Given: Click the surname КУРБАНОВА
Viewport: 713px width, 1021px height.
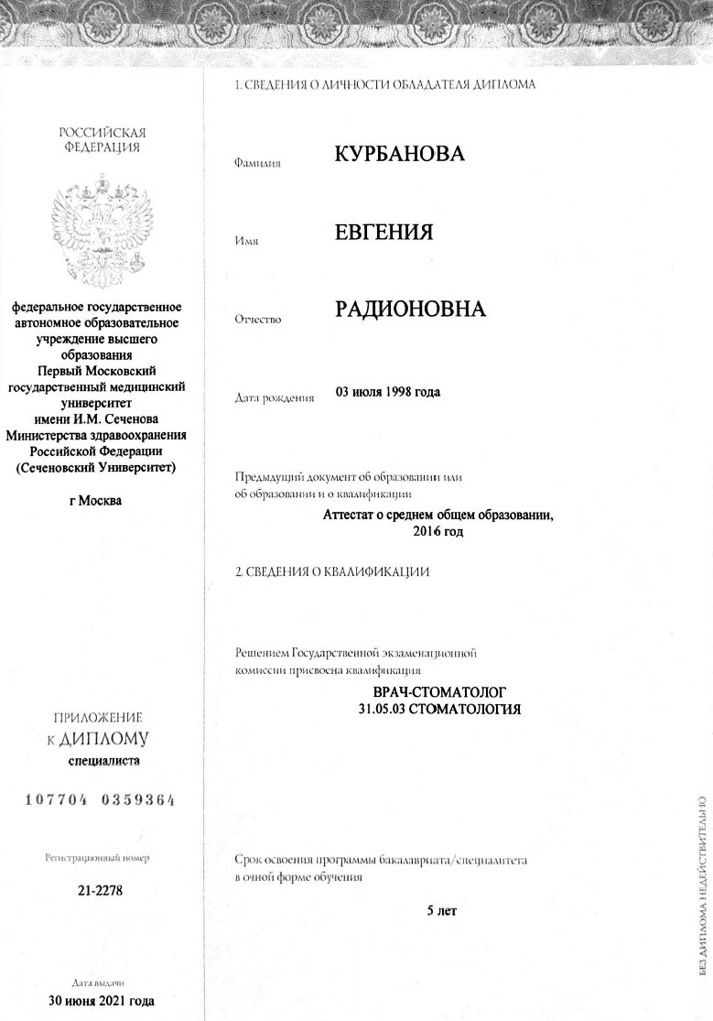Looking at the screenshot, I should pyautogui.click(x=400, y=154).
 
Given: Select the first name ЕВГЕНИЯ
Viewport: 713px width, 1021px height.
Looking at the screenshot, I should pyautogui.click(x=384, y=232).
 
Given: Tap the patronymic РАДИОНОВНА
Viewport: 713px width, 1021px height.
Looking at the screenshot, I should pyautogui.click(x=410, y=310).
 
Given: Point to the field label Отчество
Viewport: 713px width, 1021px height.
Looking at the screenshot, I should pyautogui.click(x=259, y=320).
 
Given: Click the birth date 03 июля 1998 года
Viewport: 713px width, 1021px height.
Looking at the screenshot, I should pyautogui.click(x=388, y=393).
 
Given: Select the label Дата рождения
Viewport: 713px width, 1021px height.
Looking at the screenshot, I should pyautogui.click(x=275, y=398).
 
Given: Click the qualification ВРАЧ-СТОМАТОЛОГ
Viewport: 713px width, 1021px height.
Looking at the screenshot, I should pyautogui.click(x=441, y=693).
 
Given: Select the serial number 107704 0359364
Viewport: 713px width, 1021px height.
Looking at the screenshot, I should pyautogui.click(x=101, y=799).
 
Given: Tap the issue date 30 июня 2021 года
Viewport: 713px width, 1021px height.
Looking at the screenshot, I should pyautogui.click(x=101, y=1000).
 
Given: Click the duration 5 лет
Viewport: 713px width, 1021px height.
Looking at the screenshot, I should pyautogui.click(x=441, y=911).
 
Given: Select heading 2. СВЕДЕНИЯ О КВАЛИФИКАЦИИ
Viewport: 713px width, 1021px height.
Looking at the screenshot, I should pyautogui.click(x=332, y=572).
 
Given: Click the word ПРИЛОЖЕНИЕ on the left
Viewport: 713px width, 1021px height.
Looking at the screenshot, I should pyautogui.click(x=99, y=717).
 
